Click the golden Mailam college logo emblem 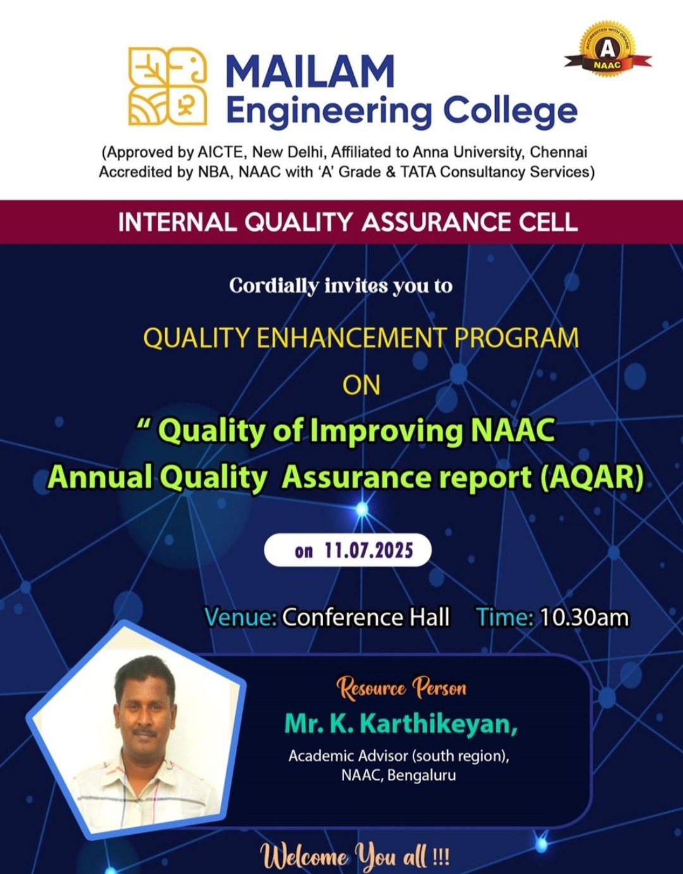click(x=168, y=85)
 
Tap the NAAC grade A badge click(x=607, y=51)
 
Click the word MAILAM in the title click(x=310, y=71)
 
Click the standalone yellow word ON click(x=361, y=385)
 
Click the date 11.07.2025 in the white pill click(x=368, y=550)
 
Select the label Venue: click(x=240, y=617)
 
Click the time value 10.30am click(x=584, y=617)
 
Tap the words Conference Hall click(x=366, y=617)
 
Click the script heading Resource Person click(x=401, y=687)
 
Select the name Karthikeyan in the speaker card click(x=438, y=723)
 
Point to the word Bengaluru click(x=421, y=775)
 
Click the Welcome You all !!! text click(x=355, y=857)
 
